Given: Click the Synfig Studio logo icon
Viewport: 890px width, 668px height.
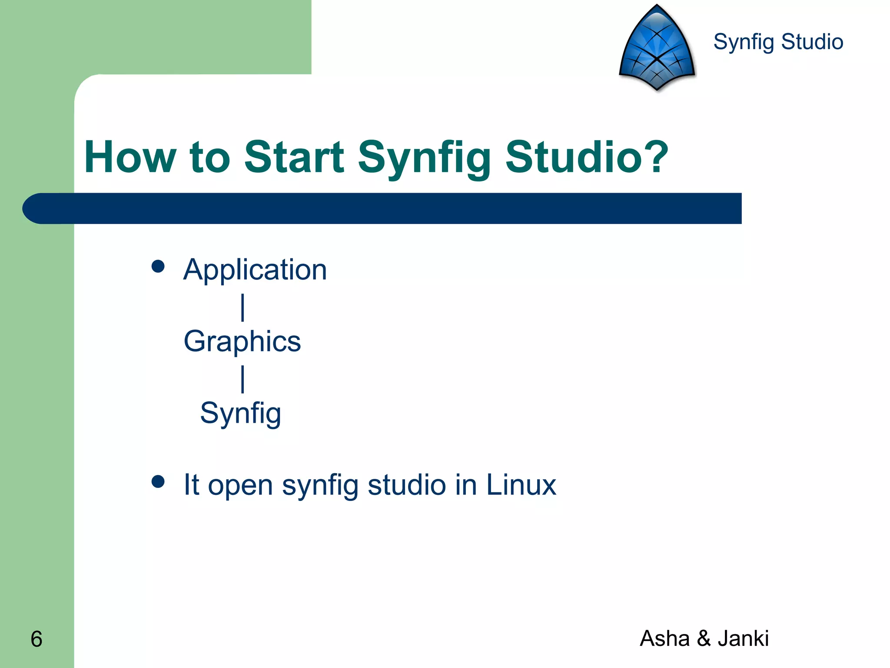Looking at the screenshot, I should point(657,48).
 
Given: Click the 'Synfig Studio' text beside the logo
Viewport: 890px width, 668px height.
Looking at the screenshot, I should point(778,42).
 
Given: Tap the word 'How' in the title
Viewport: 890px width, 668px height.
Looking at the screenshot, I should point(130,157).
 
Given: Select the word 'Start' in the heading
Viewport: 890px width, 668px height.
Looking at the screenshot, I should point(294,157).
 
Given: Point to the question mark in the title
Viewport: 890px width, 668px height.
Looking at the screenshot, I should point(653,157).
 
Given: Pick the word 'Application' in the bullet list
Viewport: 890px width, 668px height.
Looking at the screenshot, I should point(255,270).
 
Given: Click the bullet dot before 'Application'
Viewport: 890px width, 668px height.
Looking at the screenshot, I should point(158,266).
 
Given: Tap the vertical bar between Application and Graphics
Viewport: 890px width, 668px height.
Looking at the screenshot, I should point(242,307).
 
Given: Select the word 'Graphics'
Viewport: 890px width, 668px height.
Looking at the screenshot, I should point(242,341).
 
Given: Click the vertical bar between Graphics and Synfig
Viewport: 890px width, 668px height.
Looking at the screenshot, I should point(242,379).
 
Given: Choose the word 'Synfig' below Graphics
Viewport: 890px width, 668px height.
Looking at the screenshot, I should point(240,413).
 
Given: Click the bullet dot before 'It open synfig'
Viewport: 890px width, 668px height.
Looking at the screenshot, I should point(158,481).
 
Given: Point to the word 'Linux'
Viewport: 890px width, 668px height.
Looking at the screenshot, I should point(521,485).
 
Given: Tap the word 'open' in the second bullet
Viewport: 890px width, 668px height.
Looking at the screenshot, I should point(240,486).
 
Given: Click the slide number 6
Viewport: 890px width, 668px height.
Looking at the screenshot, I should point(37,639).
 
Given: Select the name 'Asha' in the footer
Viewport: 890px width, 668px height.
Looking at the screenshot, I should point(664,638).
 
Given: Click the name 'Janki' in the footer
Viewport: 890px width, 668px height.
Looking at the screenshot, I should point(743,638).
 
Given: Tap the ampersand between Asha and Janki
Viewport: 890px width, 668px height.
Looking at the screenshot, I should point(704,638).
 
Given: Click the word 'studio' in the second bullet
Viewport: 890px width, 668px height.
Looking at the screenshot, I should point(406,485).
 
